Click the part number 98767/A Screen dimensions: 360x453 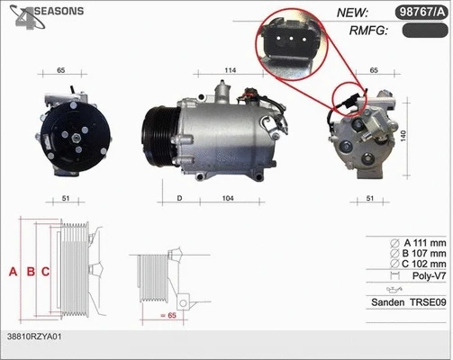(419, 12)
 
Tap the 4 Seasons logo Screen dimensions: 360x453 (45, 13)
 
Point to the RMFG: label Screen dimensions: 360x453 (367, 31)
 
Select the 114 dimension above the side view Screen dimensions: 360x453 (230, 70)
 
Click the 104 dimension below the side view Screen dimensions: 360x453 (228, 197)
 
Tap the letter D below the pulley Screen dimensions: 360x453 (180, 197)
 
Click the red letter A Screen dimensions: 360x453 (13, 271)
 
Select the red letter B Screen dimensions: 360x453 (30, 271)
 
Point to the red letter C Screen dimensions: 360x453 (45, 271)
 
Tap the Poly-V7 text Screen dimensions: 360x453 (427, 279)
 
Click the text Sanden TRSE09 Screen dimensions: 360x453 (409, 303)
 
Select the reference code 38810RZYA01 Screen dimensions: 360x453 (33, 336)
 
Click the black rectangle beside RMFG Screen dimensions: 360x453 (422, 31)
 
